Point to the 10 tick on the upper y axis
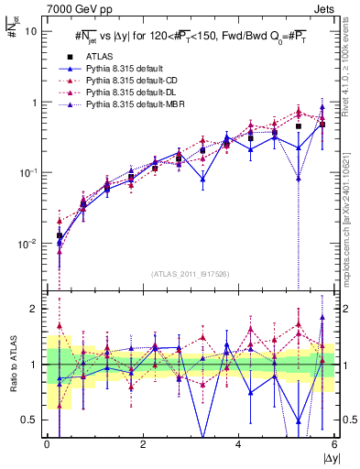click(x=31, y=30)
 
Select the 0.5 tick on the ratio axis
click(x=31, y=420)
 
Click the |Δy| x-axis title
click(x=328, y=459)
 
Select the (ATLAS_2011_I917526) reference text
click(x=191, y=274)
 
